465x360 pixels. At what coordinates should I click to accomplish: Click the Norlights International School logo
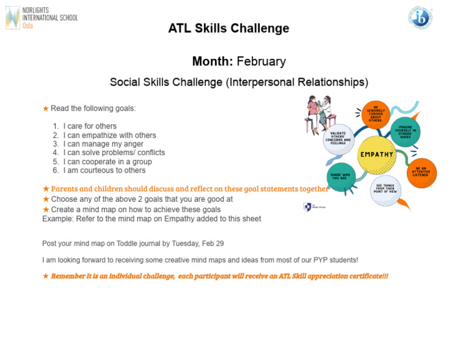[41, 18]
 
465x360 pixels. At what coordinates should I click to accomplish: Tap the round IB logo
[420, 18]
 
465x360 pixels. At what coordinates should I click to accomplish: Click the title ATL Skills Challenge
[228, 28]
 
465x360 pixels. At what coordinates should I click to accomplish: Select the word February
[261, 61]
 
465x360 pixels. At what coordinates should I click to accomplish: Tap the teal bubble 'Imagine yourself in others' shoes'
[405, 132]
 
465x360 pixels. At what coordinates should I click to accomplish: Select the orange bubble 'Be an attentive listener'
[422, 173]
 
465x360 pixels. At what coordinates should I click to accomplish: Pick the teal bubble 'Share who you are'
[340, 176]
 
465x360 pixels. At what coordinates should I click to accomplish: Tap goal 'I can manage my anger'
[104, 144]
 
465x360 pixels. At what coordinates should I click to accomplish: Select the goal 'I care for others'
[90, 127]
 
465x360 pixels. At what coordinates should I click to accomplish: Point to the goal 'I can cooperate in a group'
[107, 162]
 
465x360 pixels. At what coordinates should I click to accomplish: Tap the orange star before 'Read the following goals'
[45, 108]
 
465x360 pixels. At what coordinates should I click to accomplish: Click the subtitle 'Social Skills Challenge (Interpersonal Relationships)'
[239, 82]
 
